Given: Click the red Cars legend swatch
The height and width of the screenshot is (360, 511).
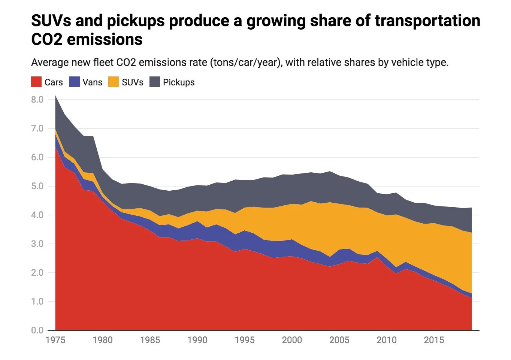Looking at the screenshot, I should (x=36, y=82).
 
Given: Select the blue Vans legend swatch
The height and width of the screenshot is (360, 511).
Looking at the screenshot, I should (x=75, y=82).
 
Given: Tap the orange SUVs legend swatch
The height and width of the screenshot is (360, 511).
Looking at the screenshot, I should (x=114, y=82).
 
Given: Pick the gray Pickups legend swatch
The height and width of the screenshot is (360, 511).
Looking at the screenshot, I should (x=155, y=82).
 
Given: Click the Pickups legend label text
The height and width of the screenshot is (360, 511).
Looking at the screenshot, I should (x=179, y=82).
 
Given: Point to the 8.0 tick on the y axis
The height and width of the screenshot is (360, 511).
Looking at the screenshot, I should (x=37, y=100).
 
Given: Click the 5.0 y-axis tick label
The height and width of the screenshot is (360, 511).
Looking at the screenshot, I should (x=37, y=186).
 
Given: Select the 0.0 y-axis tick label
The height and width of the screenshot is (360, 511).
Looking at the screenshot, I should (x=37, y=330).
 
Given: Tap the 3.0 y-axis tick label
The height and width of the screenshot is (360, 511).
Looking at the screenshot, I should (x=37, y=244).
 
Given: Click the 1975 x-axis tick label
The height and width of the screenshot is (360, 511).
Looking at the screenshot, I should (x=55, y=340).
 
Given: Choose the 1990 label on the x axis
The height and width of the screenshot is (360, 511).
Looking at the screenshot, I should (x=197, y=340).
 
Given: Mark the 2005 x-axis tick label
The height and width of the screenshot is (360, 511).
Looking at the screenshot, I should (x=339, y=340).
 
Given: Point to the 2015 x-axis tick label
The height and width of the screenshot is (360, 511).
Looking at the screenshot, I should (x=434, y=340).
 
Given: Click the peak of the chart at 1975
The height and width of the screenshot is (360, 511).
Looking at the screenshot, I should (x=55, y=96).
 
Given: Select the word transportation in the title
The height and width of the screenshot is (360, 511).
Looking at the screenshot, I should (x=427, y=21).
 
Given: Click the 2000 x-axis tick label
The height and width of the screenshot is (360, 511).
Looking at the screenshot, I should (x=292, y=340).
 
